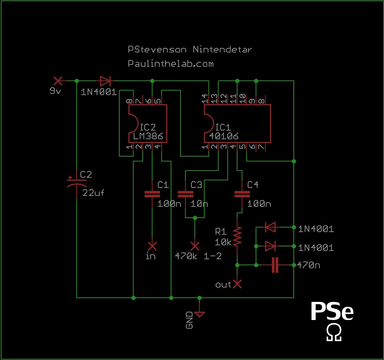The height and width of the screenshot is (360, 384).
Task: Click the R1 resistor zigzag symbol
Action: click(237, 237)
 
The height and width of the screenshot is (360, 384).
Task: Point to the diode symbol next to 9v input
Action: click(105, 81)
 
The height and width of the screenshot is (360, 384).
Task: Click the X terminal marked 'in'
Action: click(152, 246)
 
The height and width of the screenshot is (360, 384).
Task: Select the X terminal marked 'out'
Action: click(237, 284)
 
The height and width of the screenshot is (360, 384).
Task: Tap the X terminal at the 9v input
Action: click(58, 81)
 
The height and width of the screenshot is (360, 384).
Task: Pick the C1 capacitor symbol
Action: click(152, 194)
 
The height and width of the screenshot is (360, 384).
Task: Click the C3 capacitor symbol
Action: click(185, 194)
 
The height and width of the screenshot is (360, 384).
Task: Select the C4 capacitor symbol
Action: click(242, 194)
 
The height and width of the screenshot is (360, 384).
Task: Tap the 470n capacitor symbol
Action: click(275, 265)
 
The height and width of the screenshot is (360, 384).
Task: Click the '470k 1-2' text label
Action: click(198, 256)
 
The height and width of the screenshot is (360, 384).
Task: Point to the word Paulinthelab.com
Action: click(171, 64)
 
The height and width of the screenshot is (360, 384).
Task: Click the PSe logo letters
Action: click(332, 311)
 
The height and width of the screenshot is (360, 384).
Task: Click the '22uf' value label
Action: click(93, 193)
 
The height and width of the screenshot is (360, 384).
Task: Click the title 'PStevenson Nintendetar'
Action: click(190, 49)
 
